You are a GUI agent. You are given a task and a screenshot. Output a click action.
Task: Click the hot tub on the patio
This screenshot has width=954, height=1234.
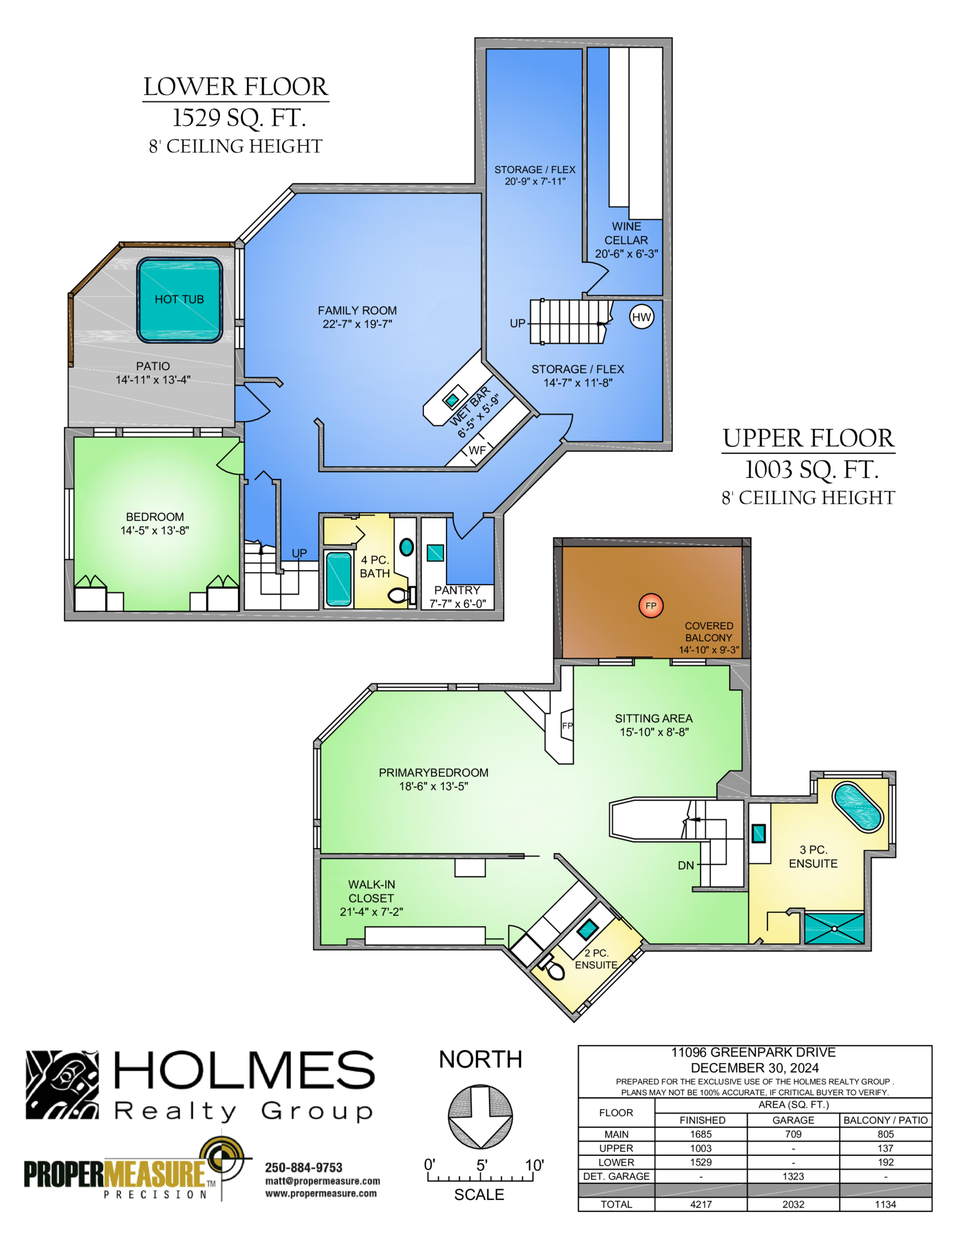click(179, 300)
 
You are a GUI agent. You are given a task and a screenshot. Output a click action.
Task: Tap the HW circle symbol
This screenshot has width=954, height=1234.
click(641, 317)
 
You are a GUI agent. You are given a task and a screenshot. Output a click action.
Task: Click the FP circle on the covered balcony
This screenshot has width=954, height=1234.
click(651, 605)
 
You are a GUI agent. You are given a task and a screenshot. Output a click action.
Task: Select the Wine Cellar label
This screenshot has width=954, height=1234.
click(626, 240)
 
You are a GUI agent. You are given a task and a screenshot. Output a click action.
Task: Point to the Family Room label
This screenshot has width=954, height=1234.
click(357, 317)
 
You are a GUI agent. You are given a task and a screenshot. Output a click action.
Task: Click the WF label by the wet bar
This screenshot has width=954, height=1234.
click(477, 450)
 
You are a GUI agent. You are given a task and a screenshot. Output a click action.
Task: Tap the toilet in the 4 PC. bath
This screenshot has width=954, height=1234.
click(402, 595)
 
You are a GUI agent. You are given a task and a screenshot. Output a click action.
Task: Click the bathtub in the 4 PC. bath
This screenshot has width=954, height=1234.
click(339, 578)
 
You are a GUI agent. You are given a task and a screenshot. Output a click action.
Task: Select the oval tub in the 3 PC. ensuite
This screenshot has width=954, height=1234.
click(857, 807)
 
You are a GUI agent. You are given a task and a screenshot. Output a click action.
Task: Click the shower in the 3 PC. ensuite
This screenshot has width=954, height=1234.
click(834, 928)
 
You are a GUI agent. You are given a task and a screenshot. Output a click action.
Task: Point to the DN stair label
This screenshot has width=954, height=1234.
click(686, 865)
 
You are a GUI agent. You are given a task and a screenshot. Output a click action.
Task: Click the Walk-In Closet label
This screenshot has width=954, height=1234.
click(371, 898)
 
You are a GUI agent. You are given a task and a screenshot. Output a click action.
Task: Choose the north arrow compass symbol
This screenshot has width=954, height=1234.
click(480, 1117)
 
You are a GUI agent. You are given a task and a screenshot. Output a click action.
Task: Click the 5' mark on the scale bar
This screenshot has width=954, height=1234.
click(482, 1165)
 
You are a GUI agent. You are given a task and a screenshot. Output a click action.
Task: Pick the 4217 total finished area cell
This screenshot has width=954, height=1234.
click(701, 1204)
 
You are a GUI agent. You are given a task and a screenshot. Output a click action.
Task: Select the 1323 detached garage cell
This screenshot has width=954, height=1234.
click(793, 1176)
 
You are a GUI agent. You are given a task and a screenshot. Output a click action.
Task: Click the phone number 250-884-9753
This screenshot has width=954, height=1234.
click(303, 1167)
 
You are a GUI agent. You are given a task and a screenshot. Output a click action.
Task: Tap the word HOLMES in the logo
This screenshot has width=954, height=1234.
click(244, 1070)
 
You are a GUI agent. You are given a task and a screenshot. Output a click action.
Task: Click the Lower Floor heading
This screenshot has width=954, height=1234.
click(236, 87)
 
